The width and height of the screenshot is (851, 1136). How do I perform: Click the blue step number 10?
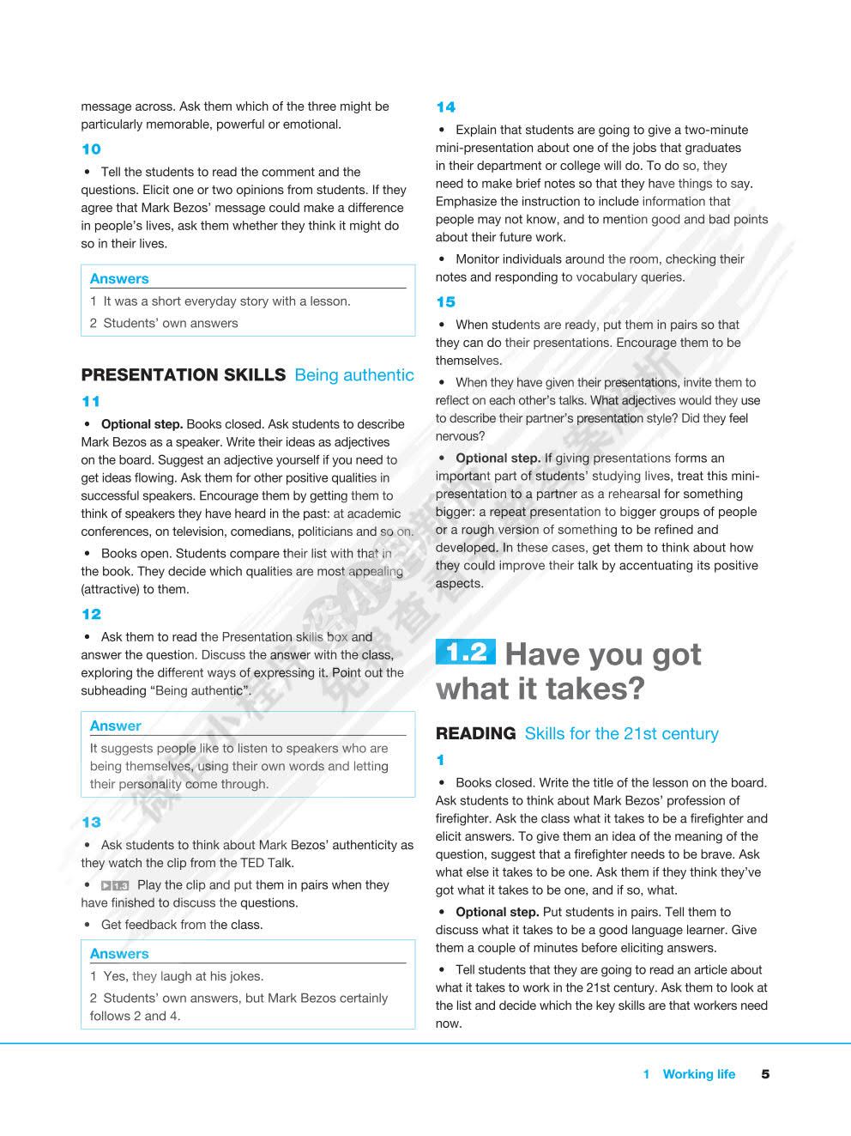pyautogui.click(x=91, y=149)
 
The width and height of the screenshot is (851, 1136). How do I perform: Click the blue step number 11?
pyautogui.click(x=91, y=402)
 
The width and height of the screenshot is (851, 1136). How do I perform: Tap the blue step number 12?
pyautogui.click(x=91, y=615)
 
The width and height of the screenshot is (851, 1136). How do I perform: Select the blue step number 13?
pyautogui.click(x=91, y=823)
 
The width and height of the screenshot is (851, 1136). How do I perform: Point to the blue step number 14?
pyautogui.click(x=445, y=107)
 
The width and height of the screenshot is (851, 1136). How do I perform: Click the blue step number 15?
pyautogui.click(x=445, y=302)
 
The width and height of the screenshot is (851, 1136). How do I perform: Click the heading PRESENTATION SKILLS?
pyautogui.click(x=183, y=375)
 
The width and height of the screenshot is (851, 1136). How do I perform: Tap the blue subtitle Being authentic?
pyautogui.click(x=353, y=375)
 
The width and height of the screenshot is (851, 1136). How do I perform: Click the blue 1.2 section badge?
pyautogui.click(x=465, y=653)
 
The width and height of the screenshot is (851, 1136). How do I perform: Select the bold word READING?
pyautogui.click(x=475, y=734)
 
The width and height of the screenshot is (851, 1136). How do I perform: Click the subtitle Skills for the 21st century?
pyautogui.click(x=621, y=734)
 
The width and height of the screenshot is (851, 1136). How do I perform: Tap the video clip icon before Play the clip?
pyautogui.click(x=115, y=885)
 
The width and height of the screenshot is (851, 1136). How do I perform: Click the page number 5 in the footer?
pyautogui.click(x=765, y=1074)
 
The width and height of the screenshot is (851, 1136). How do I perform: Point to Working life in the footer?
pyautogui.click(x=698, y=1074)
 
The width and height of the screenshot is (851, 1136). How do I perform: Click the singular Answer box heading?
pyautogui.click(x=115, y=726)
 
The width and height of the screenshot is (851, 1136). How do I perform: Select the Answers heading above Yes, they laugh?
pyautogui.click(x=119, y=954)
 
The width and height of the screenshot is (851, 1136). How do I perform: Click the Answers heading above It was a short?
pyautogui.click(x=119, y=279)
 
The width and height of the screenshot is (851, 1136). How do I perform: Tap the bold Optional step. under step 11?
pyautogui.click(x=142, y=424)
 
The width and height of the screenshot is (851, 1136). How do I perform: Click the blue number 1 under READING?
pyautogui.click(x=440, y=761)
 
